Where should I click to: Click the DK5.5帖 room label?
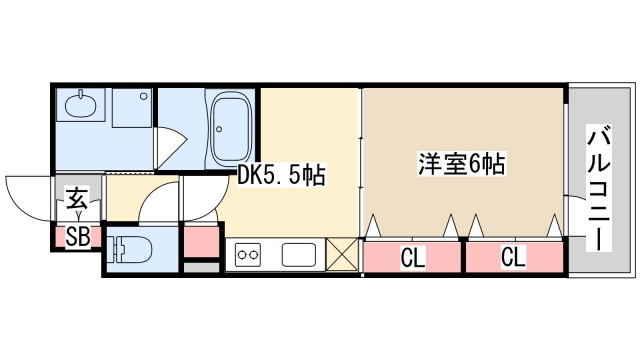point(281,175)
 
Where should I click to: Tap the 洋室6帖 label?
point(461,163)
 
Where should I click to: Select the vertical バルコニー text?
point(599,189)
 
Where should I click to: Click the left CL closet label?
point(413,258)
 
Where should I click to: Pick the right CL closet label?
point(513,257)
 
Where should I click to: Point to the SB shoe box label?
point(78,236)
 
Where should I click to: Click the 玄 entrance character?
point(78,198)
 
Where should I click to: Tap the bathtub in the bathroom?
point(230,128)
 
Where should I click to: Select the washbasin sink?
point(81,104)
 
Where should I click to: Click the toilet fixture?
point(129,249)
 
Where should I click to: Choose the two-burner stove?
point(248,255)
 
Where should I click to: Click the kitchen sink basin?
point(299,255)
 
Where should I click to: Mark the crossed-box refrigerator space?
point(342,254)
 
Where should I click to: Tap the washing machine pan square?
point(132,108)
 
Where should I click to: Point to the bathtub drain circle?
point(220,129)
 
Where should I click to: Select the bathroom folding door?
point(170,148)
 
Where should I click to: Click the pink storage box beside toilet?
point(202,241)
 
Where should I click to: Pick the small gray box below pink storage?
point(202,268)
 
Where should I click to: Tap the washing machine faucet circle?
point(143,96)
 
